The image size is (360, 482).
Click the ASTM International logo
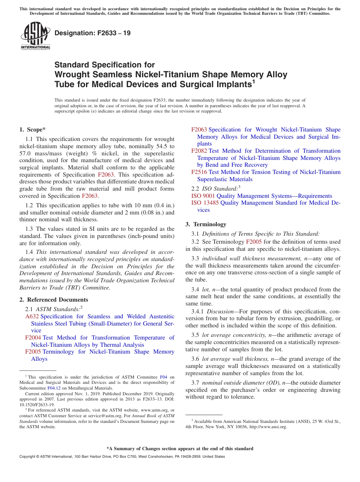(35, 36)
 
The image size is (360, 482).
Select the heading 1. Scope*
(32, 130)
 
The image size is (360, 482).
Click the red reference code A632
(32, 316)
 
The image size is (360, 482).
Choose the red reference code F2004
(33, 338)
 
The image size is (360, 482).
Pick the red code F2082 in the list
(199, 151)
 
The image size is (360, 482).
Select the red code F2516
(199, 172)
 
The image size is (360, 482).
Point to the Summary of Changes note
(180, 449)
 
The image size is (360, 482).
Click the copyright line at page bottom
(122, 457)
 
